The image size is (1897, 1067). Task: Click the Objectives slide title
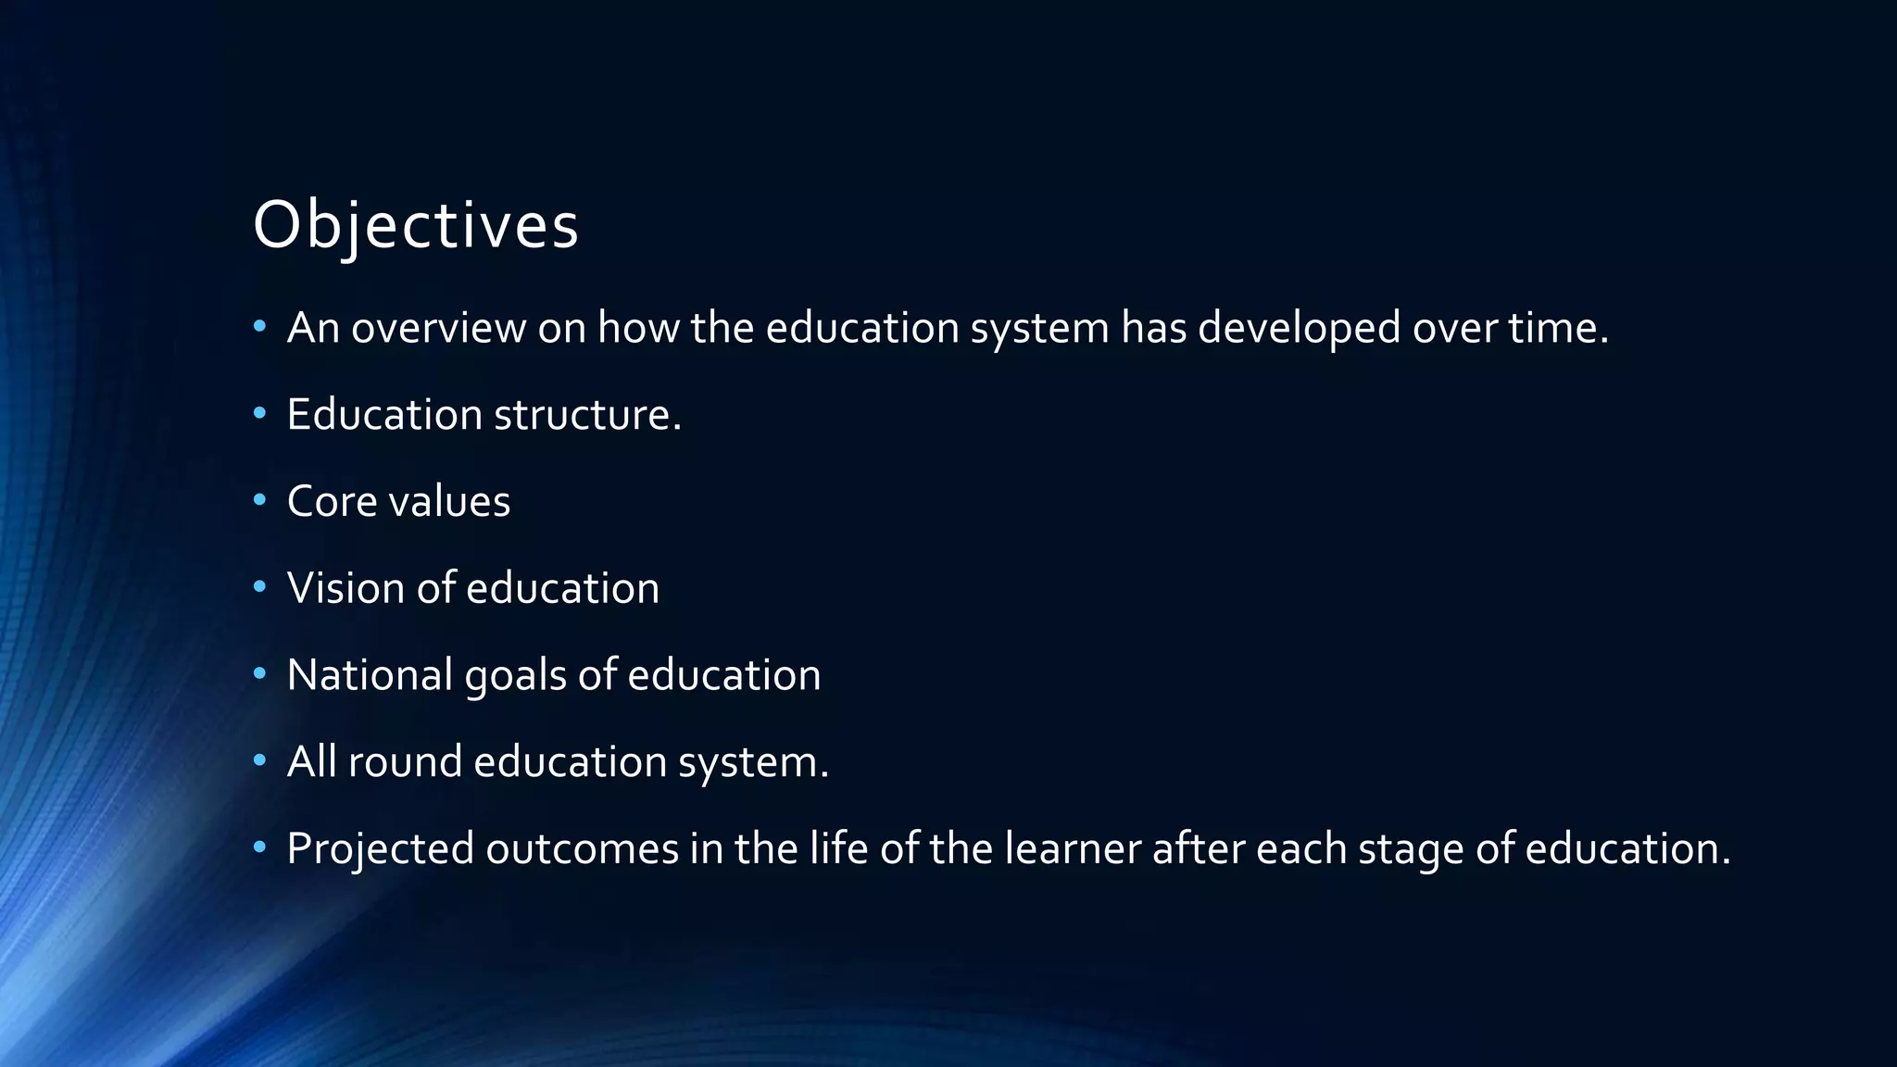[415, 225]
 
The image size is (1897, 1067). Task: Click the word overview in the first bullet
[438, 328]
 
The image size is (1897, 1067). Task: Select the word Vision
[345, 588]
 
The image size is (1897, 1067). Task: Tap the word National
[370, 674]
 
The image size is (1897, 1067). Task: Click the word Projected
[380, 849]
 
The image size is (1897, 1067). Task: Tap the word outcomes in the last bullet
[582, 848]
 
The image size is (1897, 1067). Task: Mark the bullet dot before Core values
[260, 500]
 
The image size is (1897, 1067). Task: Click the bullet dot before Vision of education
[260, 587]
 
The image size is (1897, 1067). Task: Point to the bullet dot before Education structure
[260, 413]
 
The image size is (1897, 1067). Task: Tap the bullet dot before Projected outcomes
[260, 847]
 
